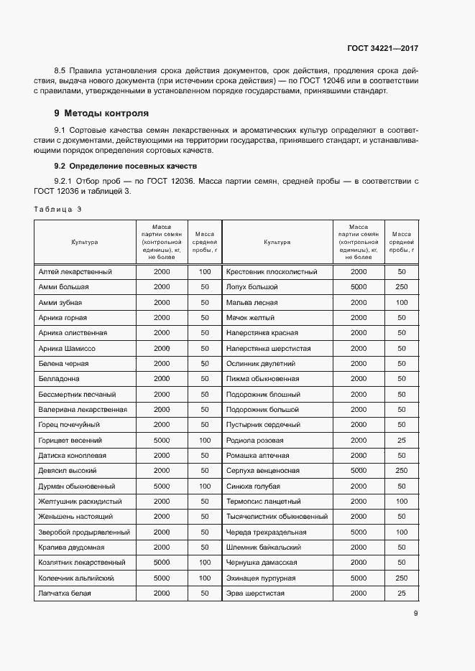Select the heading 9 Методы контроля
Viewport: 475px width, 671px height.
coord(101,113)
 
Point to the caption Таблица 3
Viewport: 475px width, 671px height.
coord(58,209)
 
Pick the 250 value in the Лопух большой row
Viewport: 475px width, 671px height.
coord(401,287)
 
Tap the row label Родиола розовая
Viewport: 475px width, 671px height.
coord(254,440)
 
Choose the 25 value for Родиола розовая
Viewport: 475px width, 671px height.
coord(401,440)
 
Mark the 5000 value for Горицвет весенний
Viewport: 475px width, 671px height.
coord(162,440)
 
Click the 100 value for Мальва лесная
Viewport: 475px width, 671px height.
coord(401,303)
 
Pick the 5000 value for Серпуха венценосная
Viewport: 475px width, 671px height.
coord(359,471)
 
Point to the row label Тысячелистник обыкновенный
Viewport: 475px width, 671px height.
coord(277,517)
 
